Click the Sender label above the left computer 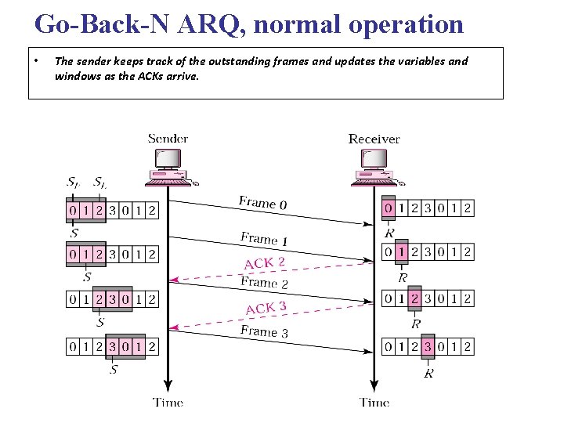click(x=168, y=139)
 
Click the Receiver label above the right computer click(x=374, y=139)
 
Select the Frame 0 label click(x=263, y=203)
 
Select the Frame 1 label click(x=264, y=239)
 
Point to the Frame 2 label click(x=264, y=283)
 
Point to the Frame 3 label click(x=264, y=331)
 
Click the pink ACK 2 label click(x=265, y=263)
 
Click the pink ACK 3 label click(x=266, y=308)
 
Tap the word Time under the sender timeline click(x=168, y=403)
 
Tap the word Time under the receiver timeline click(x=374, y=403)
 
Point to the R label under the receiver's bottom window click(x=428, y=374)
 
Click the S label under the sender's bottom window click(x=114, y=368)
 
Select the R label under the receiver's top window click(x=389, y=233)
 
